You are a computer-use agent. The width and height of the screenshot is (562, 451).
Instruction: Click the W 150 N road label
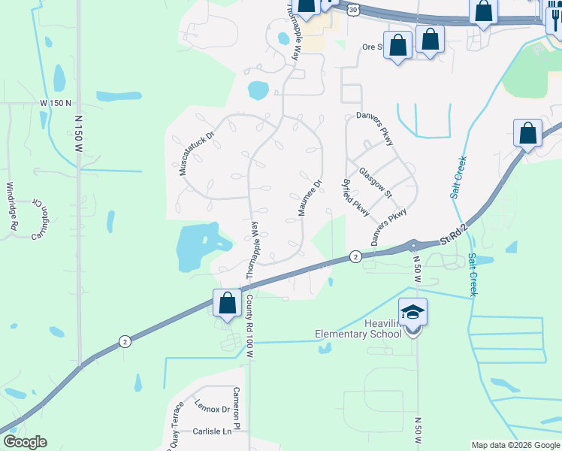[56, 102]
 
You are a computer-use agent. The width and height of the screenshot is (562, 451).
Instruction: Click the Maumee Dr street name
[310, 198]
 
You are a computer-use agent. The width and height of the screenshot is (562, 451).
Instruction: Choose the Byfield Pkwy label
[355, 198]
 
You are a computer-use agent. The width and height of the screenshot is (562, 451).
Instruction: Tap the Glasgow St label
[376, 183]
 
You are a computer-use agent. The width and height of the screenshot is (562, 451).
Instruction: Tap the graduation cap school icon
[412, 312]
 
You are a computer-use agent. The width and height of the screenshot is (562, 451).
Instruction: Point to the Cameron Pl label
[236, 404]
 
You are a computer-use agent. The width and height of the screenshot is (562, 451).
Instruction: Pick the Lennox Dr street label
[212, 409]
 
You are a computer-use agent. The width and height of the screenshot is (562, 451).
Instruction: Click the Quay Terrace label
[174, 426]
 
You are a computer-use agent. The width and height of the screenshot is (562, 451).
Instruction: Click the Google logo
[25, 442]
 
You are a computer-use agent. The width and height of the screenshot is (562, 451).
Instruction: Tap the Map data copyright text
[515, 445]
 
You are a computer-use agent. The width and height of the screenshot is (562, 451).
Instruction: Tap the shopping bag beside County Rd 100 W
[227, 303]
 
